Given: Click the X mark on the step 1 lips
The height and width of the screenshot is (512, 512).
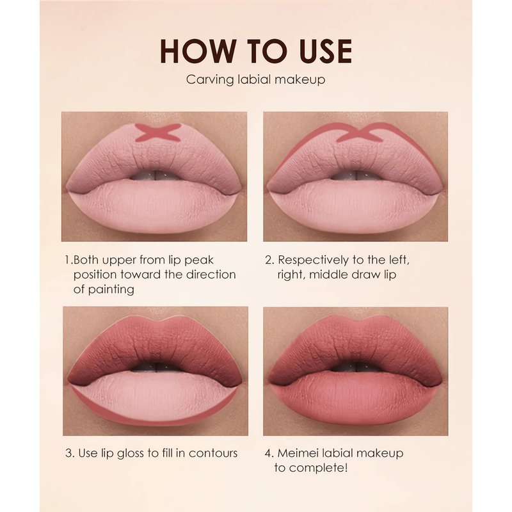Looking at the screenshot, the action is (x=158, y=132).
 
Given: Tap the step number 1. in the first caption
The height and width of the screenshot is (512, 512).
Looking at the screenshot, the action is (x=68, y=260).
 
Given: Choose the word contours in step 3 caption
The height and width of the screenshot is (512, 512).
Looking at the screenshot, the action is (x=213, y=453).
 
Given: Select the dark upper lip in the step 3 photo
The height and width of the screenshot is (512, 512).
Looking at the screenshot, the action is (x=155, y=346).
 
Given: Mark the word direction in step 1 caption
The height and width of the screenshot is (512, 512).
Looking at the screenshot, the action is (x=211, y=275).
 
